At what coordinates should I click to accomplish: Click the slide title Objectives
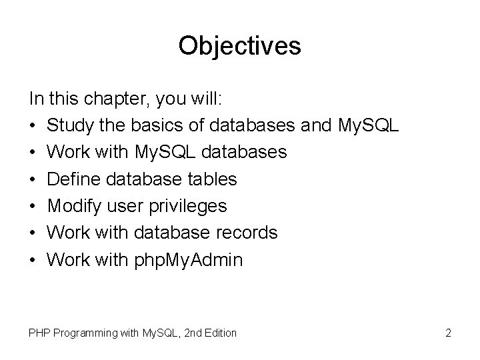(240, 45)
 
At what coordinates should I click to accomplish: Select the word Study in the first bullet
(71, 126)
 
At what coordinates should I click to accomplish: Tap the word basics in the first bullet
(154, 126)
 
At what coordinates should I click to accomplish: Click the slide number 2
(449, 332)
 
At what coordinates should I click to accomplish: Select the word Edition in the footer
(217, 332)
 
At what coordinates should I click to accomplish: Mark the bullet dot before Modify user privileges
(33, 207)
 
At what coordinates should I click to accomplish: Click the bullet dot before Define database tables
(33, 180)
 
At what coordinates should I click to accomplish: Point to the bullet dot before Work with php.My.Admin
(33, 260)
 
